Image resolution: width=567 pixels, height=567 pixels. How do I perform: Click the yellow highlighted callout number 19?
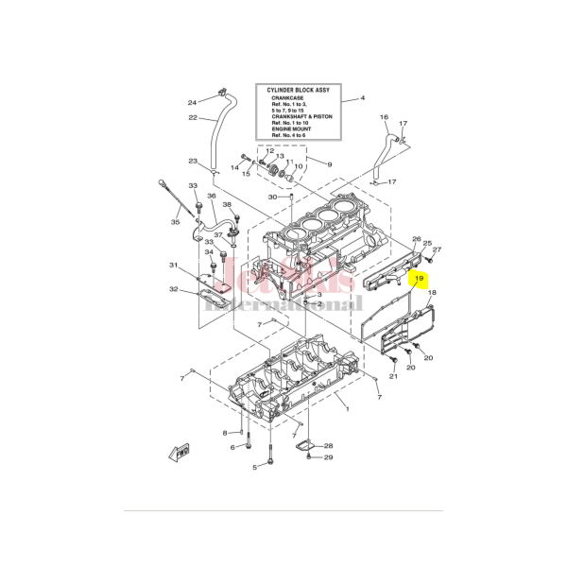click(419, 280)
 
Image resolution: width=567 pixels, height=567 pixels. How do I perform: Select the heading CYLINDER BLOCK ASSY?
click(303, 93)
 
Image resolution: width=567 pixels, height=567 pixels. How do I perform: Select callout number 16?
click(384, 117)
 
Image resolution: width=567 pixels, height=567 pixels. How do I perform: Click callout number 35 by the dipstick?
click(174, 222)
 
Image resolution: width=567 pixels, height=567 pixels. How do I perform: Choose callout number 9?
click(330, 164)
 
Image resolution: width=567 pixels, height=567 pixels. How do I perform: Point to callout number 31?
click(173, 266)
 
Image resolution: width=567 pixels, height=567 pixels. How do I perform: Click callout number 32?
click(173, 289)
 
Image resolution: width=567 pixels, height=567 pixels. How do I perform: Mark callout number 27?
click(437, 249)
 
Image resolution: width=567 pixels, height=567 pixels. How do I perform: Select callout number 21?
click(394, 377)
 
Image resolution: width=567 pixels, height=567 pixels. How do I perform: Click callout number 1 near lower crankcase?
click(347, 409)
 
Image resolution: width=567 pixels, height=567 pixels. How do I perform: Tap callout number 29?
click(328, 458)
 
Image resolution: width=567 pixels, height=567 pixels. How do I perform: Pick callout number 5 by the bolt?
click(254, 467)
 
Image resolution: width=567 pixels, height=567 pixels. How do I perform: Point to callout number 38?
click(227, 204)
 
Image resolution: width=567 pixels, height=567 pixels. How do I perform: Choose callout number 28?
click(328, 445)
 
